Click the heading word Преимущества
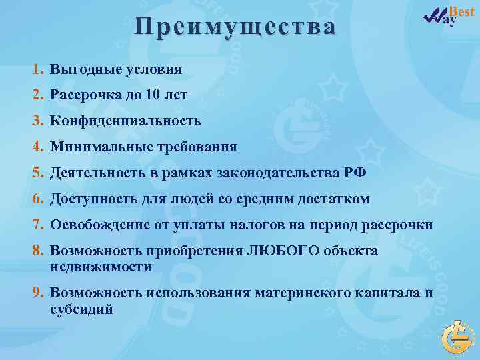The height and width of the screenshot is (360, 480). (x=235, y=27)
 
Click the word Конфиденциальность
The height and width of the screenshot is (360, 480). (x=125, y=121)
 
